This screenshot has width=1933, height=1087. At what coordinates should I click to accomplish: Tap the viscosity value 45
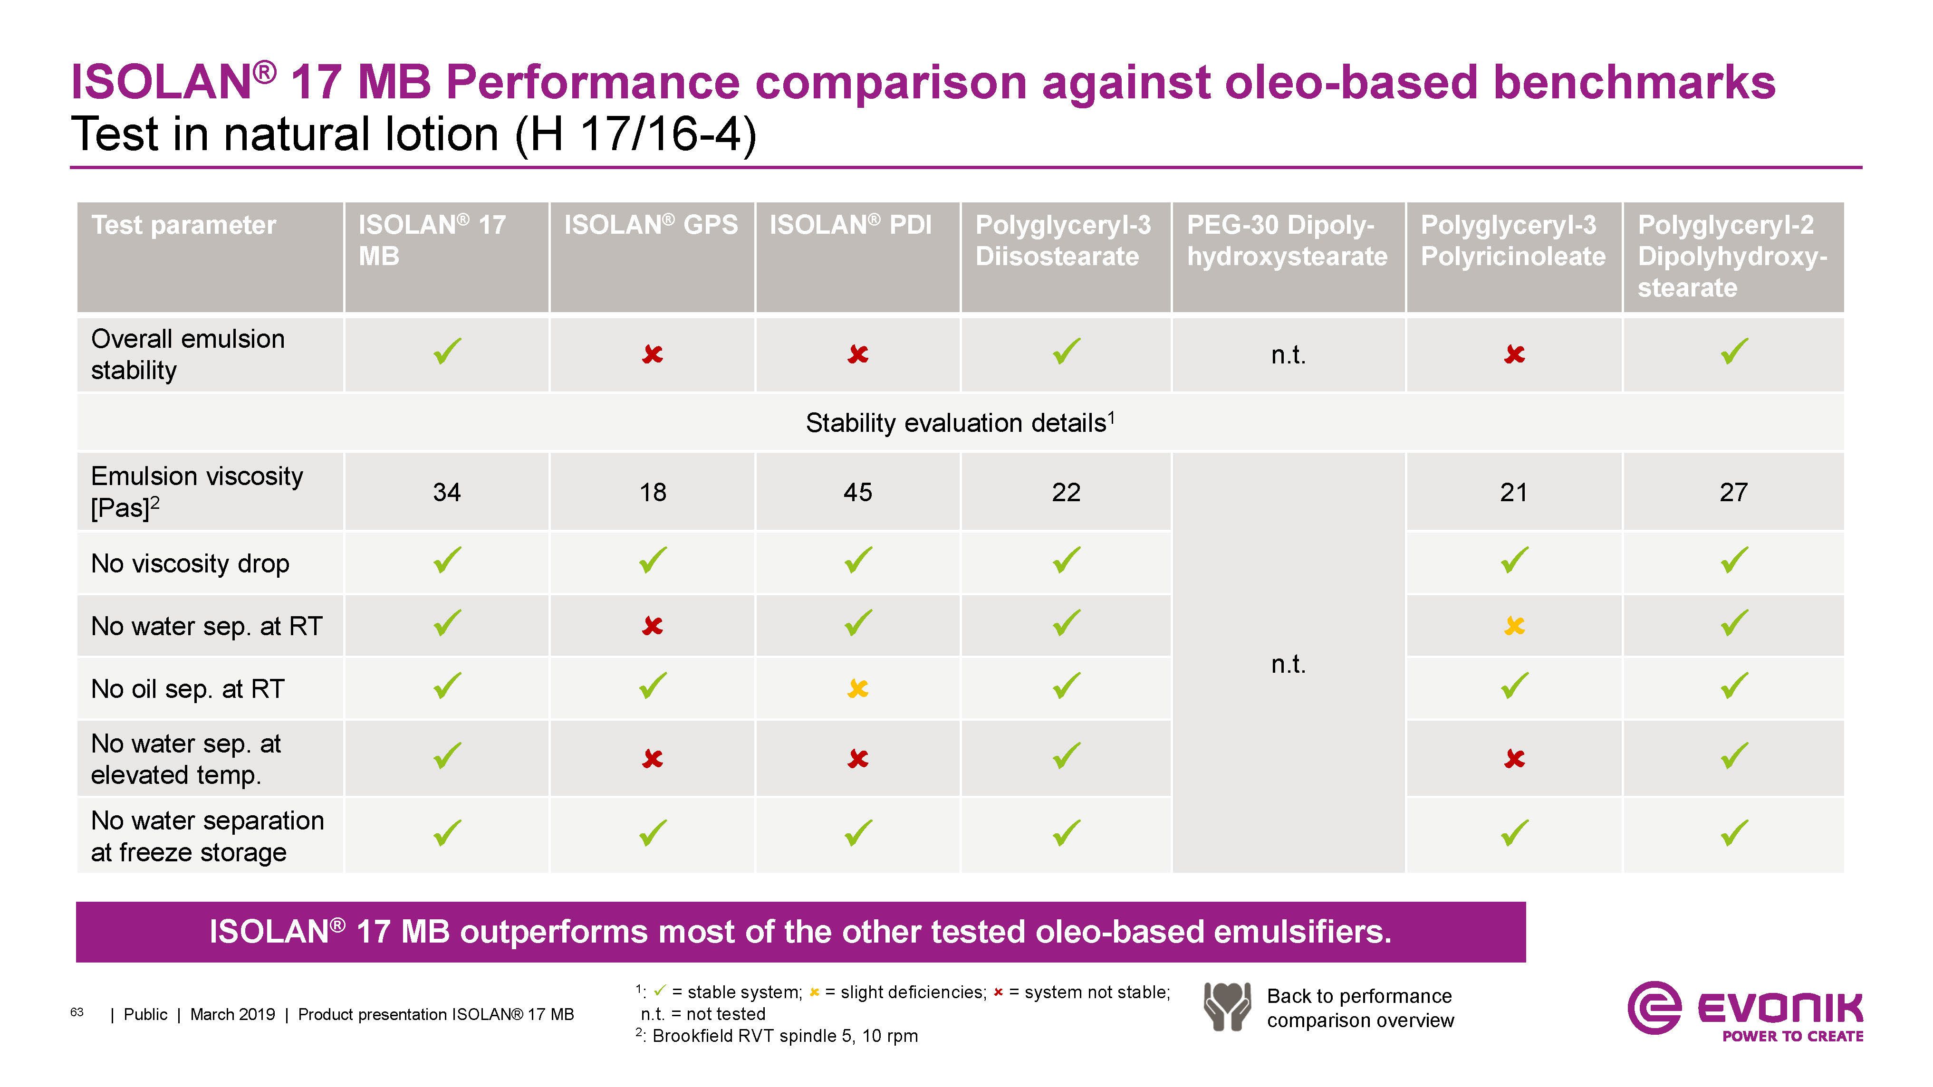(x=858, y=492)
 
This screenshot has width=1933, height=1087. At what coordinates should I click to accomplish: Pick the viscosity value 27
(x=1733, y=492)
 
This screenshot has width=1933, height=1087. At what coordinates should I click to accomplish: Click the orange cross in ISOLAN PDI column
(x=858, y=688)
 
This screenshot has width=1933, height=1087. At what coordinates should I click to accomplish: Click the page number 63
(x=77, y=1012)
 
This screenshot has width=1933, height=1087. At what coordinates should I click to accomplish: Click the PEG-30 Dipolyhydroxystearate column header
(x=1287, y=241)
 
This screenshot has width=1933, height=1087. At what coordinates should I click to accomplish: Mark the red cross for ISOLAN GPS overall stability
(x=652, y=353)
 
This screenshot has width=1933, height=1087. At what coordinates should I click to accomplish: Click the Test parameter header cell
(x=184, y=225)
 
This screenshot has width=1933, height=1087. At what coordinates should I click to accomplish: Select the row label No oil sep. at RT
(x=188, y=689)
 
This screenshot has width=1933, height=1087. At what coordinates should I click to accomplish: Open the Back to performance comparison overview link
(x=1360, y=1008)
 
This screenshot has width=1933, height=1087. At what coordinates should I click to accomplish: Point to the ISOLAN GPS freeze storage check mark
(x=652, y=832)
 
